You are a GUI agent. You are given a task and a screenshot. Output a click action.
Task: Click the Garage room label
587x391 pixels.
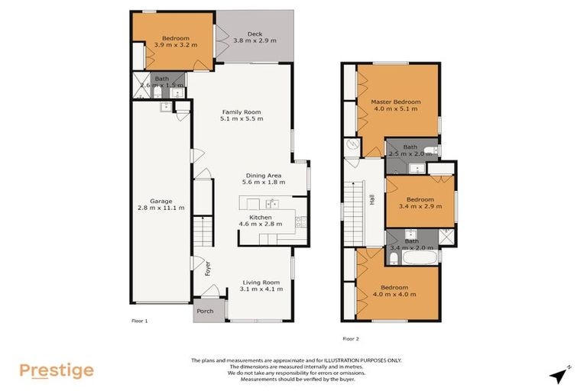pyautogui.click(x=161, y=205)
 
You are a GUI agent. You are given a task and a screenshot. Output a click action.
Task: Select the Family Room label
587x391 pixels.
pyautogui.click(x=242, y=115)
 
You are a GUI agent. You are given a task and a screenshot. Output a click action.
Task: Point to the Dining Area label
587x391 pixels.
pyautogui.click(x=263, y=178)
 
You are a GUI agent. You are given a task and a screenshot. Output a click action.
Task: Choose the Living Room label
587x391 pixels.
pyautogui.click(x=261, y=284)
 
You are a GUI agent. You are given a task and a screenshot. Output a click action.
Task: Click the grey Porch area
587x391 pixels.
pyautogui.click(x=206, y=311)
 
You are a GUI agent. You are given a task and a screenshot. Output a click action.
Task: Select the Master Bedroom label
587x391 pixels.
pyautogui.click(x=395, y=105)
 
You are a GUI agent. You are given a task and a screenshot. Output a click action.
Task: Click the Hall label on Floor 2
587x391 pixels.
pyautogui.click(x=372, y=199)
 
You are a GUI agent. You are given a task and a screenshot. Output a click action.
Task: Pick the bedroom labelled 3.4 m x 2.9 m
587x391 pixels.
pyautogui.click(x=420, y=202)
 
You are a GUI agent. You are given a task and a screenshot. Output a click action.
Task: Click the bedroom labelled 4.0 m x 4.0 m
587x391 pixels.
pyautogui.click(x=394, y=291)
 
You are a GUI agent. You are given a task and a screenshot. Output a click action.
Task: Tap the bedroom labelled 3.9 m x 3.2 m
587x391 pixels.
pyautogui.click(x=175, y=41)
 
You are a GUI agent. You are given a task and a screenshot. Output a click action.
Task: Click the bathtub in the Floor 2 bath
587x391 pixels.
pyautogui.click(x=419, y=259)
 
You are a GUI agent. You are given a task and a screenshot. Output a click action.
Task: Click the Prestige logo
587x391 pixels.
pyautogui.click(x=57, y=371)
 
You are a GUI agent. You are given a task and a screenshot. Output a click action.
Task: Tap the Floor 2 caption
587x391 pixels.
pyautogui.click(x=351, y=338)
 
